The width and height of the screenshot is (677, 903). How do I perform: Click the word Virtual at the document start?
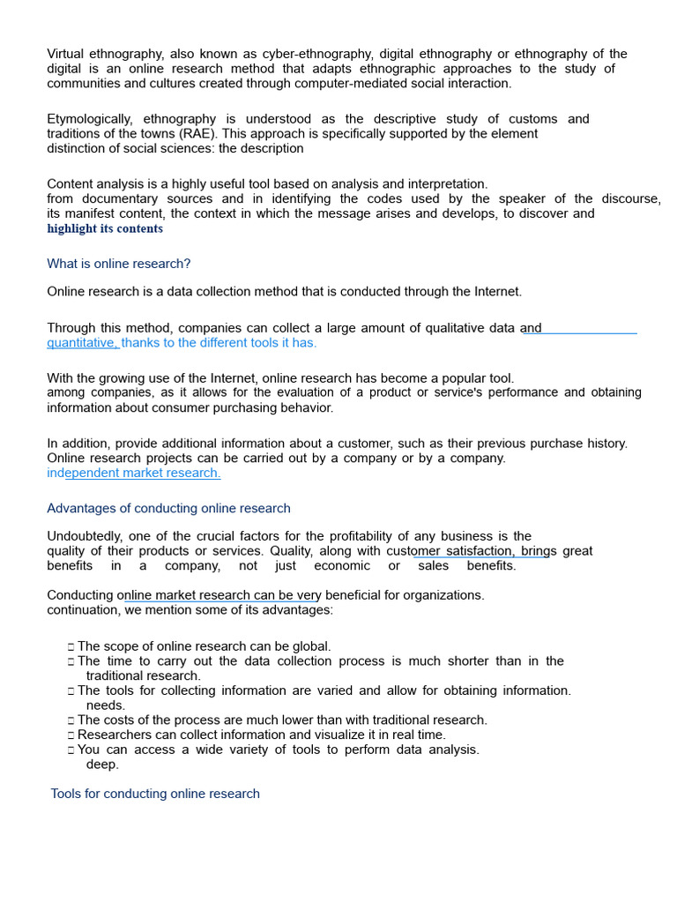click(x=66, y=54)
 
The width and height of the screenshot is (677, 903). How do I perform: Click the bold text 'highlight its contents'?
click(x=105, y=228)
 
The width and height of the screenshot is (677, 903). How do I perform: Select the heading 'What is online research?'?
click(x=118, y=264)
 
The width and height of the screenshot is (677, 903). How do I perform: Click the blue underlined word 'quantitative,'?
click(x=83, y=343)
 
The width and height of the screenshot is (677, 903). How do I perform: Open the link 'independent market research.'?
click(x=133, y=473)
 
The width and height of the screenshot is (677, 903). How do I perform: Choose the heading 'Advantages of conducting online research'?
click(x=168, y=508)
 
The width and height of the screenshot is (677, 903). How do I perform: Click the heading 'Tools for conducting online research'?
click(x=155, y=794)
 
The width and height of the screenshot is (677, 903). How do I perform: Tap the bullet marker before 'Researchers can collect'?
click(x=71, y=735)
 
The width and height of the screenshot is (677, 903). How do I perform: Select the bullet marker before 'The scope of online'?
click(x=71, y=647)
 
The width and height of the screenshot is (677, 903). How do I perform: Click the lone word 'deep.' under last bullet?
click(x=102, y=765)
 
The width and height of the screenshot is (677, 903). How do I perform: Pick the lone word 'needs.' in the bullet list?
click(x=106, y=705)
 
